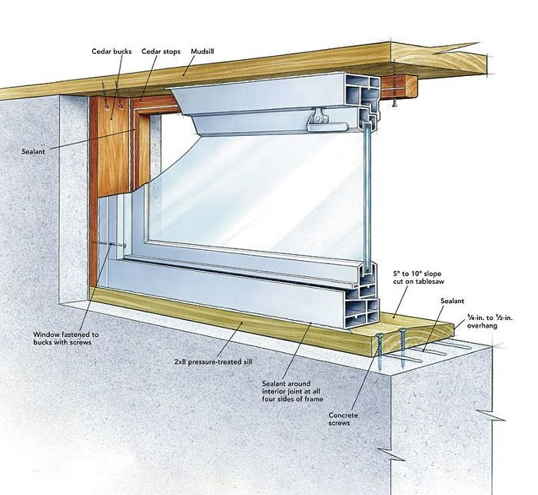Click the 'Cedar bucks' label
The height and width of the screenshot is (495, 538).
coord(111,51)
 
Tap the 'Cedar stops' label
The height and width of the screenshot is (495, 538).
coord(161,51)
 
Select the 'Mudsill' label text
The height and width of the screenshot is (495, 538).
coord(202,51)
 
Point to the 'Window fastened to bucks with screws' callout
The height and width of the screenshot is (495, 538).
coord(66,338)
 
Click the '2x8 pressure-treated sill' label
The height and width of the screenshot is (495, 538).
coord(214,361)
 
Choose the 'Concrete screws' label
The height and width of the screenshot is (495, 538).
coord(343,419)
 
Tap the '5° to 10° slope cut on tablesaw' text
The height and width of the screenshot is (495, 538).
coord(419,278)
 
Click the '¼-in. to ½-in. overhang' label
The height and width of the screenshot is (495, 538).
coord(490,322)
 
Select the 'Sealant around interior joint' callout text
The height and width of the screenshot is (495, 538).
coord(293,391)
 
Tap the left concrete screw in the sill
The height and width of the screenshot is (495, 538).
coord(380,352)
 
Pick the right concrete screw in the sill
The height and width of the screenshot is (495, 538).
coord(402,348)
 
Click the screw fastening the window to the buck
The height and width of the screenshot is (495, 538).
coord(110,245)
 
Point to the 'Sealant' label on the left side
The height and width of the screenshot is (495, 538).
coord(33,151)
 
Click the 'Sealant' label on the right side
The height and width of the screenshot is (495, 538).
coord(452,301)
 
